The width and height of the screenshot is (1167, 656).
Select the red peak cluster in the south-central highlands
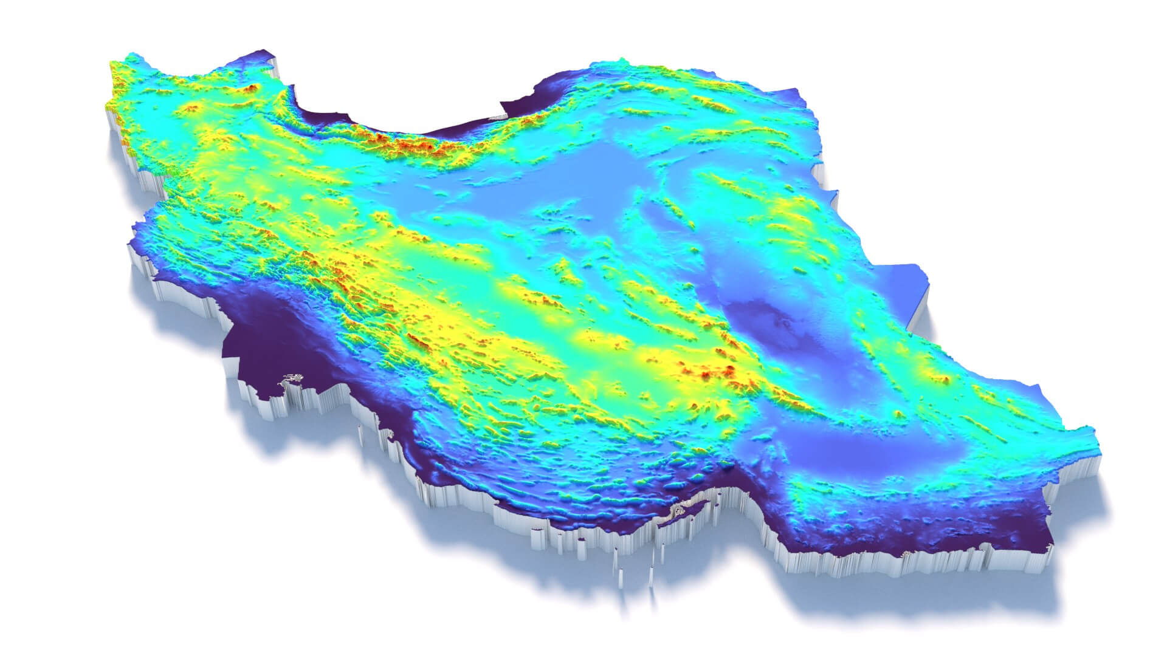723,371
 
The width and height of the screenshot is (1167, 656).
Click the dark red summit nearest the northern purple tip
249,89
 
